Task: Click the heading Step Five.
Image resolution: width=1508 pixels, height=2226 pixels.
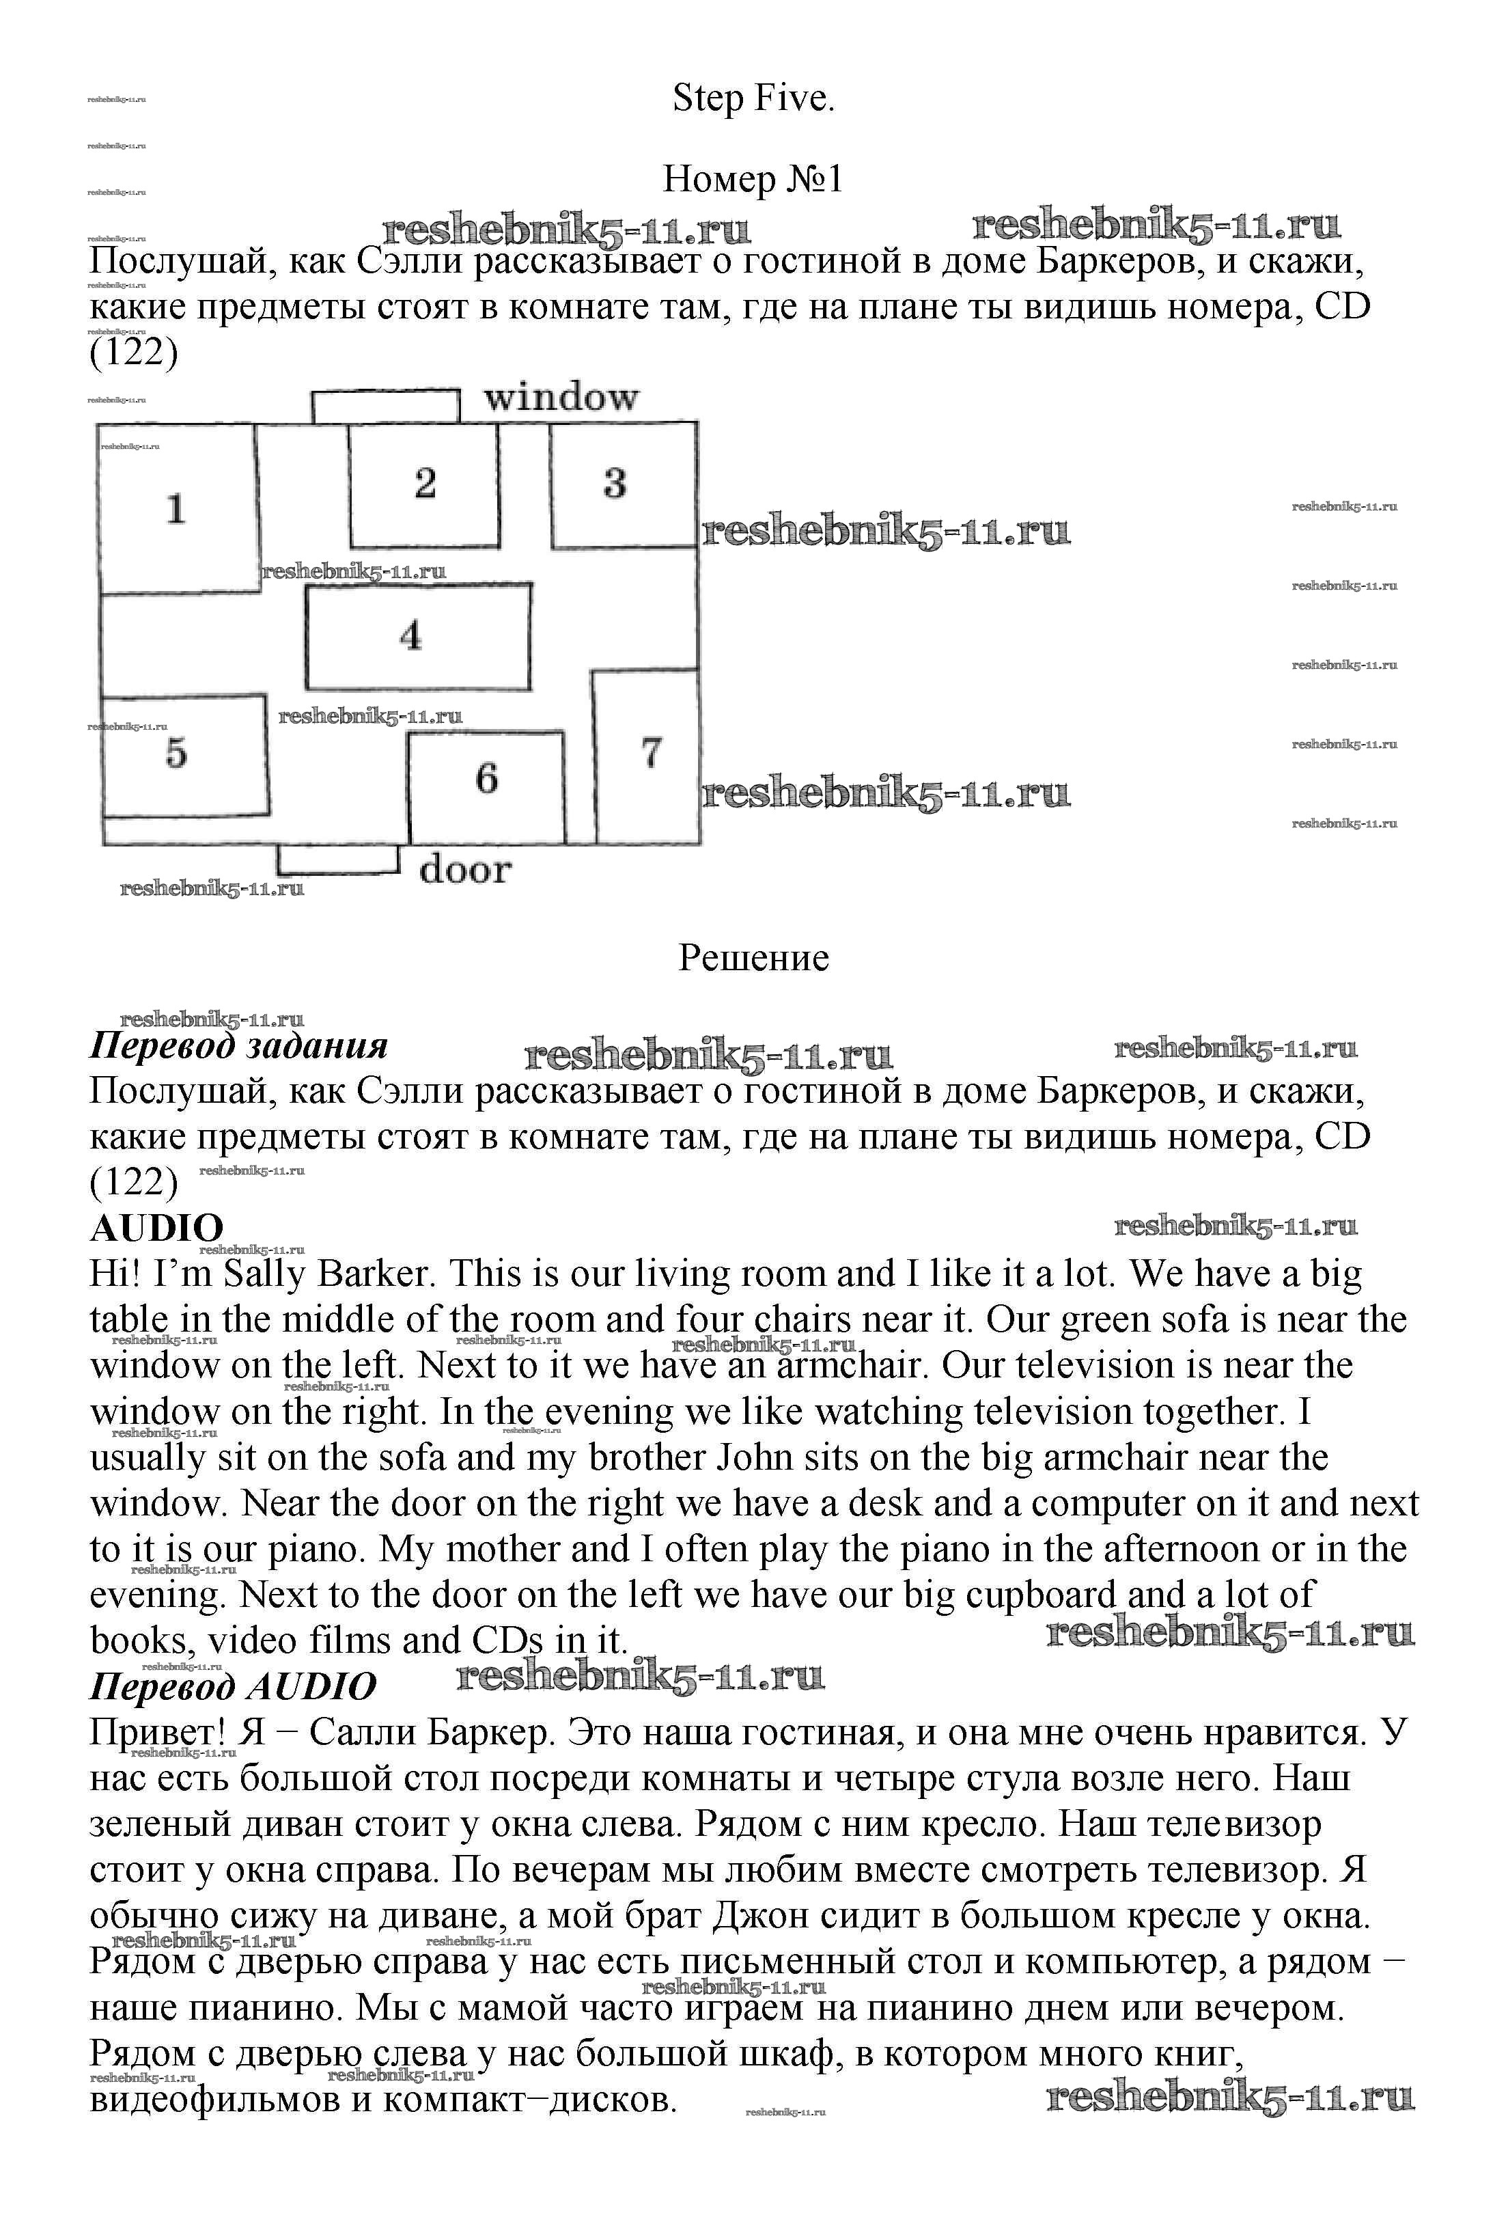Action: (x=753, y=98)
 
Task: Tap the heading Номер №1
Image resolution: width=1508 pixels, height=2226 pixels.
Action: (x=753, y=179)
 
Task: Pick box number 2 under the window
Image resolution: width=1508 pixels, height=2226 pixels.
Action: (x=423, y=484)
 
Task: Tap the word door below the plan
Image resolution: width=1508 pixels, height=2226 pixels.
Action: (x=465, y=870)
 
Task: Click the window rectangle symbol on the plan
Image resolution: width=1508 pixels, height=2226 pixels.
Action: (x=386, y=405)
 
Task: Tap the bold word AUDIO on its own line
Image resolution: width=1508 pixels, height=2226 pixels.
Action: (x=156, y=1228)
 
